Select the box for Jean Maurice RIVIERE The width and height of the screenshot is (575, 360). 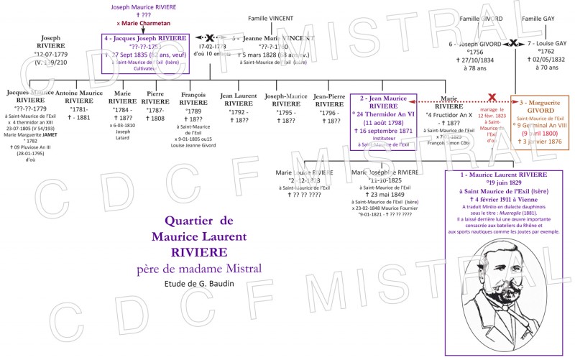click(383, 120)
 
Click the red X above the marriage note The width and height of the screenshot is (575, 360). click(492, 96)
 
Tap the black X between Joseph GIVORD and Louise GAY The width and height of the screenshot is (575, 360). click(512, 44)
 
